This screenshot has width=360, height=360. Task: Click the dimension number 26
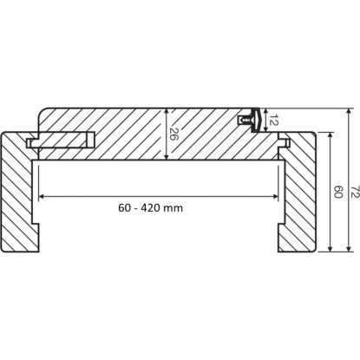173,134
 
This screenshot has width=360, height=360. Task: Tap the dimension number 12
272,120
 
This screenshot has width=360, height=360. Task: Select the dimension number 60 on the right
338,192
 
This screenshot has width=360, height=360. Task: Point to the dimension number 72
356,192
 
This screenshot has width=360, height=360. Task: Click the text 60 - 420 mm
151,207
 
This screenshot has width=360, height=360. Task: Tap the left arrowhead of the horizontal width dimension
42,197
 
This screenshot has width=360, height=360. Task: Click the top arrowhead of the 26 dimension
166,112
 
